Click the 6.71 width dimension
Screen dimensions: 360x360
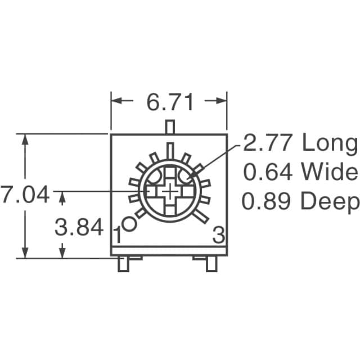click(x=170, y=102)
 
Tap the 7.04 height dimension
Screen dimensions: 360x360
click(x=25, y=194)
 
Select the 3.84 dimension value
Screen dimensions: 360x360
click(x=79, y=227)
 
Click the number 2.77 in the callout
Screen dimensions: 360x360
click(x=268, y=142)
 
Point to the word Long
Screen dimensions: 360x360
click(x=330, y=145)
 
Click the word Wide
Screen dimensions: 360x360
click(x=330, y=172)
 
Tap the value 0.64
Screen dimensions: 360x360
click(x=268, y=172)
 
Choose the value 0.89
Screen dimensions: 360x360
click(x=266, y=201)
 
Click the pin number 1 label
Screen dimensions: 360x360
click(x=118, y=235)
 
